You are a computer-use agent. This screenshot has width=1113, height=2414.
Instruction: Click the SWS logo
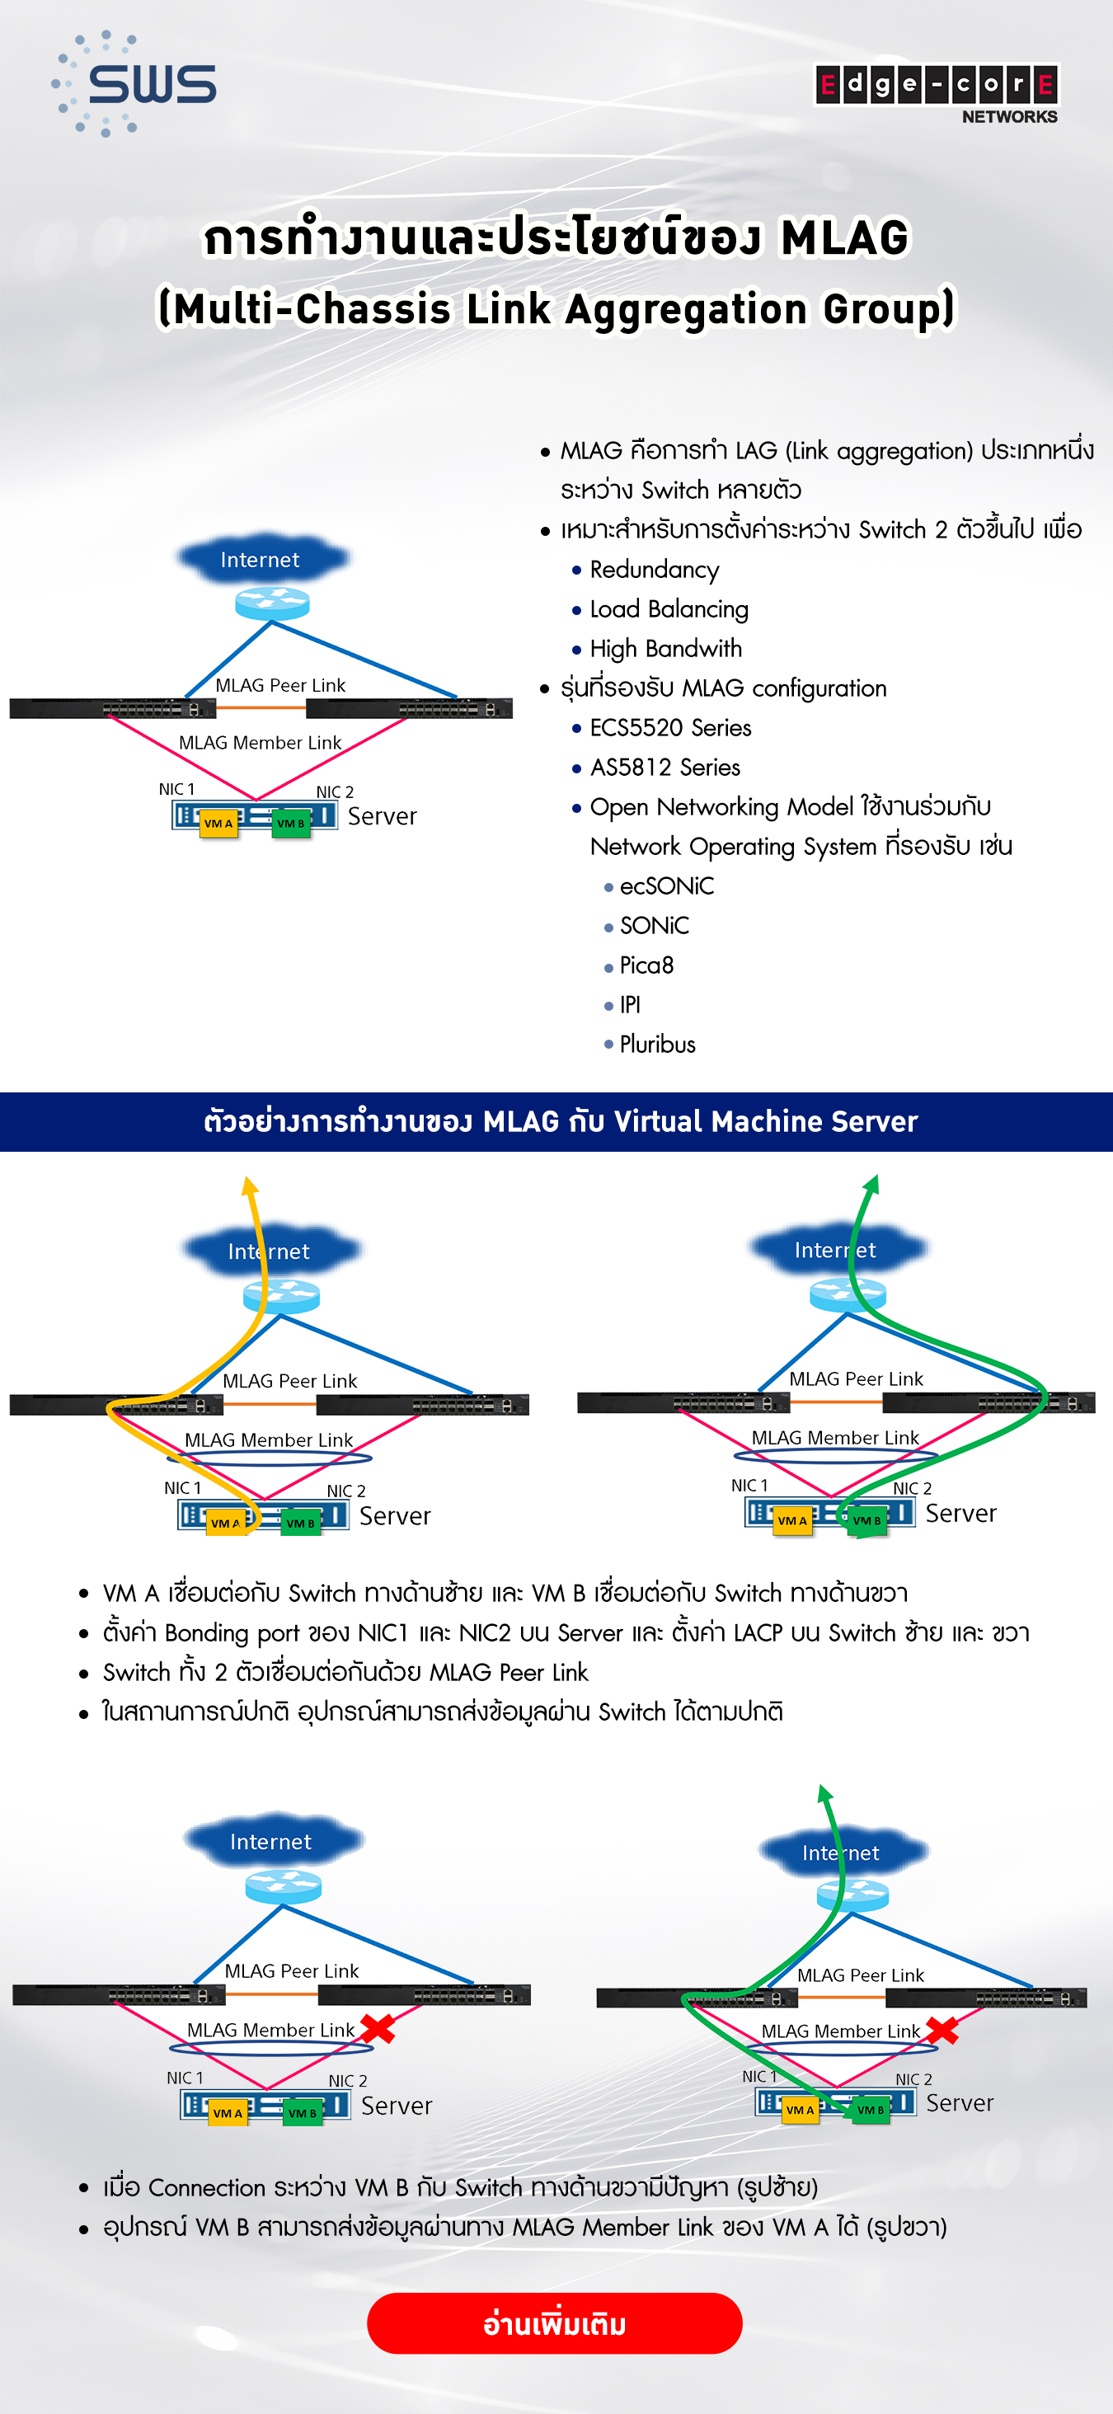134,83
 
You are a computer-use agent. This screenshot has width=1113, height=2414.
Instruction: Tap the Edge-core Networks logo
937,93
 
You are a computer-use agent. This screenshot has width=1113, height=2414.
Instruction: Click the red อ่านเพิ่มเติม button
555,2323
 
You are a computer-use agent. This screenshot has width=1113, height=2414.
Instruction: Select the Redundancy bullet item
654,570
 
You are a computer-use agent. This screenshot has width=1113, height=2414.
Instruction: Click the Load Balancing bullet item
668,609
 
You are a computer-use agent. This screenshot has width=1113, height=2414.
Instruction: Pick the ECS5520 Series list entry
669,728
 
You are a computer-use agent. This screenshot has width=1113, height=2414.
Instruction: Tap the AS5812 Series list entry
665,768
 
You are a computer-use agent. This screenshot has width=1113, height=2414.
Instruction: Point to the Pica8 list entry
646,965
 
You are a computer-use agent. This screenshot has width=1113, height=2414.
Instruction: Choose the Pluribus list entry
657,1044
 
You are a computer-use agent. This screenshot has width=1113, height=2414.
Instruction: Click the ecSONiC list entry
666,886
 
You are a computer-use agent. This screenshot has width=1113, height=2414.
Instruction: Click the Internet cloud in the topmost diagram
261,560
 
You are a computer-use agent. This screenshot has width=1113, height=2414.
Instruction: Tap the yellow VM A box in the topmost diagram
218,824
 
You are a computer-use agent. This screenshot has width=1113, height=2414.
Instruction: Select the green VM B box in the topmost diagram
290,824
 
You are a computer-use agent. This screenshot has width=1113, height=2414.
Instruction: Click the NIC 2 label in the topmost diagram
335,791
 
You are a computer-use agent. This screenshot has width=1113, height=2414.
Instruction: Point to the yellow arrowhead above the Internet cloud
249,1185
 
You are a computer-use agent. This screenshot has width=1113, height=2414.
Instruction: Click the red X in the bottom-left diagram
377,2029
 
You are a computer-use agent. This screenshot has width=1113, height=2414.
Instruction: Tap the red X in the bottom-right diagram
942,2030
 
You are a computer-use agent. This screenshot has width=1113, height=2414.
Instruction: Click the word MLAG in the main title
844,238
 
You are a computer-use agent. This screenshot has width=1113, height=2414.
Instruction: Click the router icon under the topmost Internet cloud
272,603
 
